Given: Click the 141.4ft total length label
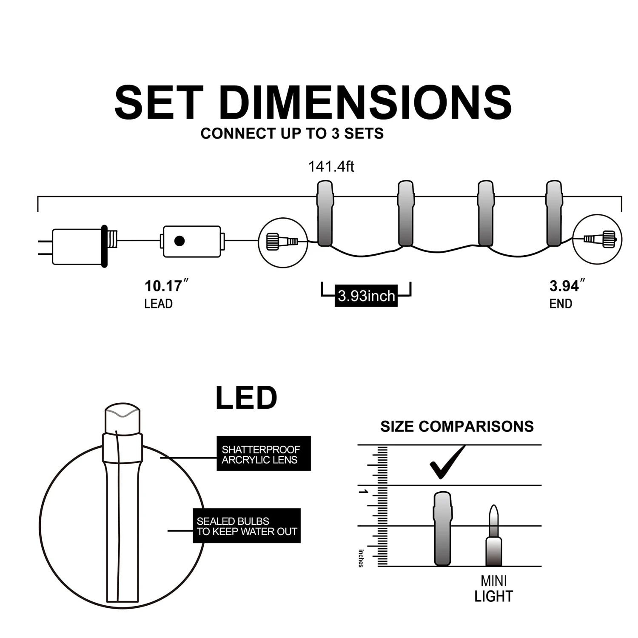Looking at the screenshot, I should pos(331,166).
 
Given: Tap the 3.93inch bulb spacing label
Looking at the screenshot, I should pos(366,296).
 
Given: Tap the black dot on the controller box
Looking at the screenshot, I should pos(179,241).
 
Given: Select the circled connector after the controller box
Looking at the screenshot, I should pos(283,242).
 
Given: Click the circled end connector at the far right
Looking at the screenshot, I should pos(597,239).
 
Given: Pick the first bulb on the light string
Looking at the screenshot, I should pos(325,214).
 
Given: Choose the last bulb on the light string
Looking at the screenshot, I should pos(554,214).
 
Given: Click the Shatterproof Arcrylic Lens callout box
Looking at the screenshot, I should pos(263,453).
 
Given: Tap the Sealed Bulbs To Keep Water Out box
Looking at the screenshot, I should pos(247,526).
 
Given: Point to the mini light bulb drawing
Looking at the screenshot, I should pos(493,537).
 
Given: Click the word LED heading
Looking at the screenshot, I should pos(246,398).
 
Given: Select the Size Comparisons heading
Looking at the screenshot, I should pos(457,426).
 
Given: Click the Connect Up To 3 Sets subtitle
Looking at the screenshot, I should pos(292,134).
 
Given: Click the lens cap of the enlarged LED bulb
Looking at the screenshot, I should pos(122,419).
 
